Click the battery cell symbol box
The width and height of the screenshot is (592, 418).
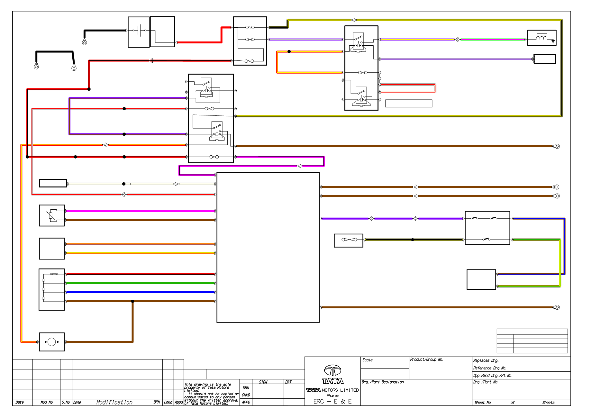pos(139,32)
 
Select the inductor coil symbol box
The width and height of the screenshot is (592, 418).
pos(542,38)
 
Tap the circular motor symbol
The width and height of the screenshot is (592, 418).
pos(52,342)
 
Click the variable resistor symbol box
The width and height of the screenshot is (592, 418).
pos(52,215)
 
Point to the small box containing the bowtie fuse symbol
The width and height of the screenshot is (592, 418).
pos(349,241)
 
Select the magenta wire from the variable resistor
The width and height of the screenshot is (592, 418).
pos(140,211)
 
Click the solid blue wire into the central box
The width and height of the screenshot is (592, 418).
pos(140,292)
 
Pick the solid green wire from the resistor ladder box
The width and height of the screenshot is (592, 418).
pos(140,283)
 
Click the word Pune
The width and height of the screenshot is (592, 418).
pos(332,395)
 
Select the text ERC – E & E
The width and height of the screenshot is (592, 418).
pos(332,401)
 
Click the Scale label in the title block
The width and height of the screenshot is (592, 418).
pos(368,360)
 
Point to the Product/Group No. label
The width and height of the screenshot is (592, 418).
pos(427,359)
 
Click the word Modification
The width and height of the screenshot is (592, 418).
pos(114,402)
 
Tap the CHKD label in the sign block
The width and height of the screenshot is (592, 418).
pos(246,395)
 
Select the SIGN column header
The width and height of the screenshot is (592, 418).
pos(263,382)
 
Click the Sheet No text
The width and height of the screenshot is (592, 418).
pos(483,403)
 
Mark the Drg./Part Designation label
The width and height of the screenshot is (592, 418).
pos(383,382)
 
